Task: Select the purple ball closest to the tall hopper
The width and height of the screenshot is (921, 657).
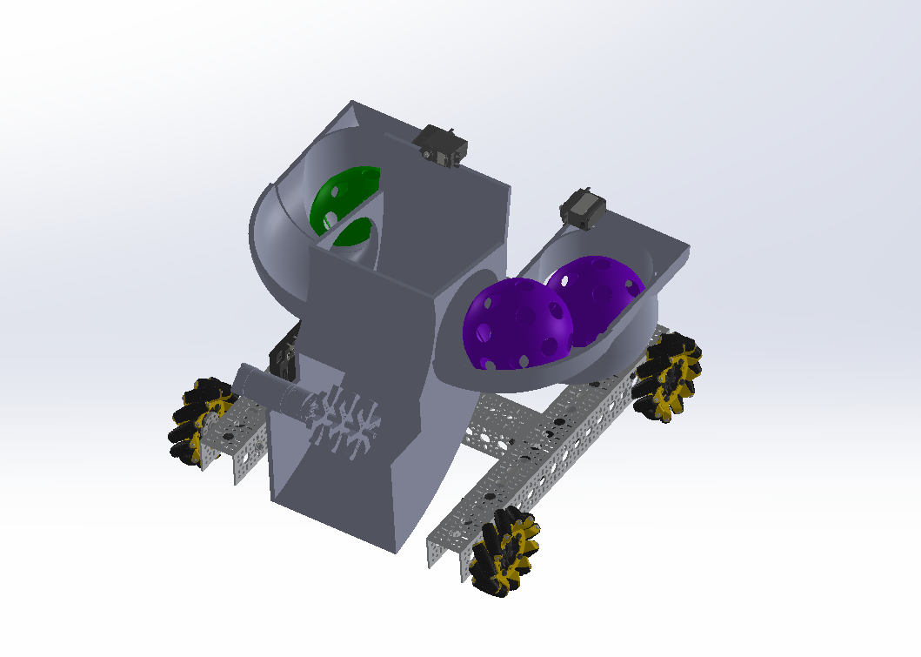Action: tap(513, 324)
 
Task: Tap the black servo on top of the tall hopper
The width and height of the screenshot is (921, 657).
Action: tap(442, 145)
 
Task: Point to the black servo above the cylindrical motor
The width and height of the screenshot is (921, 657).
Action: tap(284, 359)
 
